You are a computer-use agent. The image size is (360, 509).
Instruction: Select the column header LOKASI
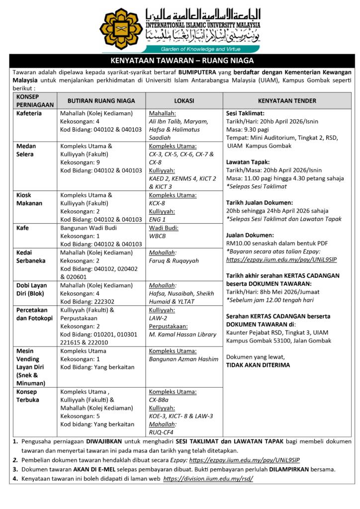click(x=184, y=100)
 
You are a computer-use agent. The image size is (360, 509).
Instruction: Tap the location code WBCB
click(x=157, y=236)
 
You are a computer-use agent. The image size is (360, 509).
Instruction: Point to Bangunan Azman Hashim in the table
click(x=183, y=359)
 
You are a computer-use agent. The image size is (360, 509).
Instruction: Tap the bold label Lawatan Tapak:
click(x=248, y=162)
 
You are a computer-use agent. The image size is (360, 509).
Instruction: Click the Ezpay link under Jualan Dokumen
click(x=281, y=259)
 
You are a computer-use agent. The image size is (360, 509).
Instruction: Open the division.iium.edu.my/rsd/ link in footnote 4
click(x=208, y=479)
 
